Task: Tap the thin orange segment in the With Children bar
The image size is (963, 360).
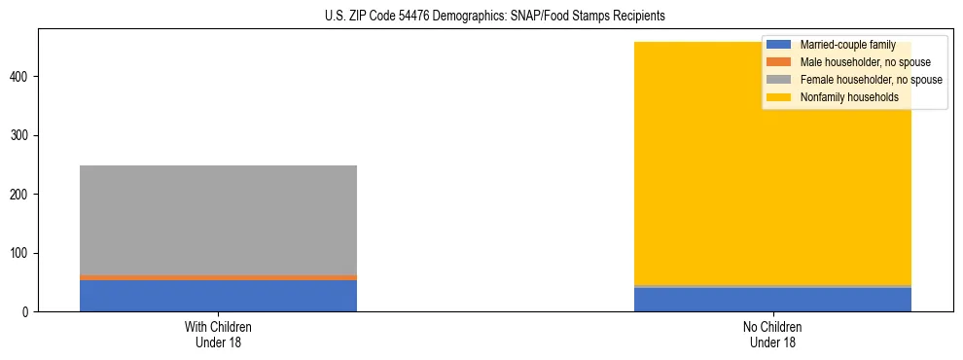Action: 218,277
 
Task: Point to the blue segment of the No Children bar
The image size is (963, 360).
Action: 773,300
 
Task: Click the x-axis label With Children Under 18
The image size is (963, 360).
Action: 218,335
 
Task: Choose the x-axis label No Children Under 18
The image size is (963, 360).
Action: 773,335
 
